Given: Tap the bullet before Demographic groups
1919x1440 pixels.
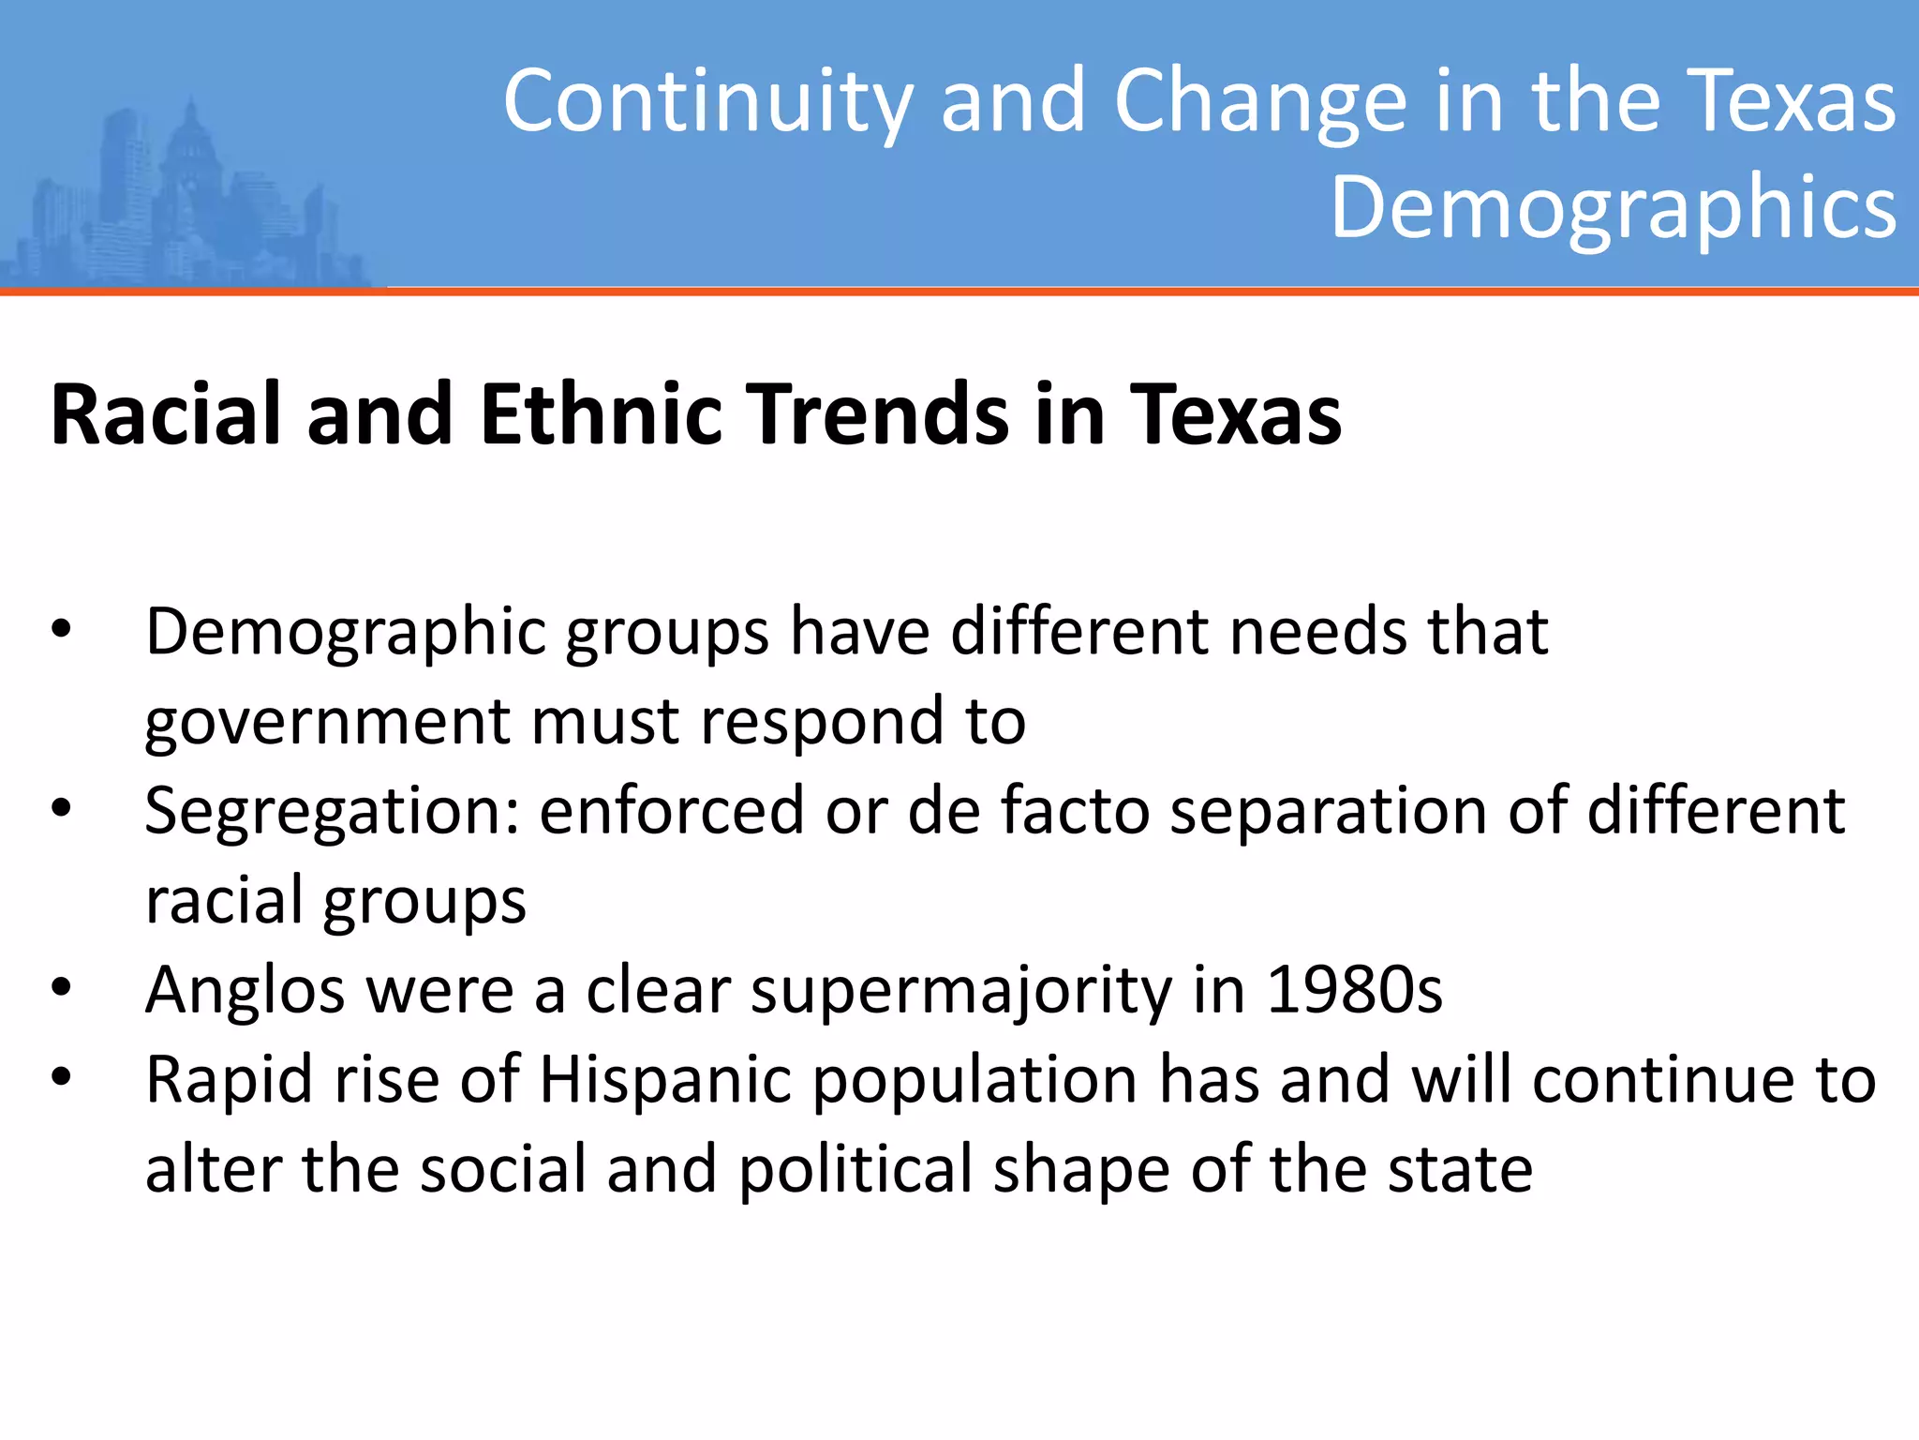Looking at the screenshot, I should click(x=62, y=630).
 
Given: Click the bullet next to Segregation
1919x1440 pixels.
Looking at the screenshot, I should click(x=62, y=809).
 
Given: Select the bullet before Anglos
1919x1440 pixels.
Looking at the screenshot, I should click(x=62, y=988).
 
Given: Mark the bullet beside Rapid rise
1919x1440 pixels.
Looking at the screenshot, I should click(x=62, y=1078).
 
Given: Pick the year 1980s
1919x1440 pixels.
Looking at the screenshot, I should click(x=1354, y=990).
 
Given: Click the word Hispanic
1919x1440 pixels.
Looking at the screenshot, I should click(x=665, y=1080).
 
